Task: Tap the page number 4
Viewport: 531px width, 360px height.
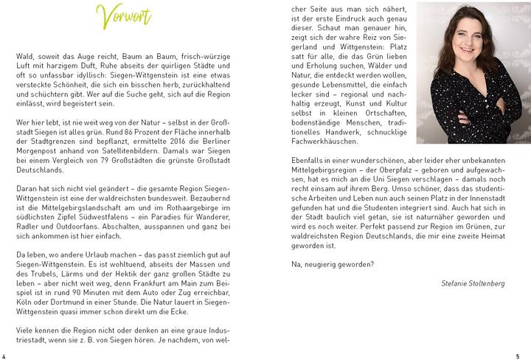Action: coord(4,353)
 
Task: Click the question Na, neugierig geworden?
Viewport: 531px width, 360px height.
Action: coord(333,264)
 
